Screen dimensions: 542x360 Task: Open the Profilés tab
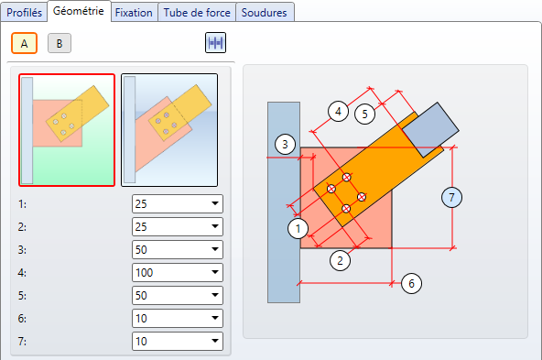[24, 13]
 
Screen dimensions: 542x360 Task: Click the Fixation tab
[134, 13]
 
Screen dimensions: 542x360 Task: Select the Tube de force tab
[197, 13]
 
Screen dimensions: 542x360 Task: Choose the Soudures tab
[264, 13]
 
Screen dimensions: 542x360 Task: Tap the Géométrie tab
[79, 11]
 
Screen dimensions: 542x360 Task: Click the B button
[60, 43]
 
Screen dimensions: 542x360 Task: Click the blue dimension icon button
[215, 43]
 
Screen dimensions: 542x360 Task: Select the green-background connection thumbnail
[67, 130]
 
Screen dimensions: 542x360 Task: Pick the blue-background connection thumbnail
[169, 130]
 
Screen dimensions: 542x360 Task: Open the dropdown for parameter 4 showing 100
[178, 272]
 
